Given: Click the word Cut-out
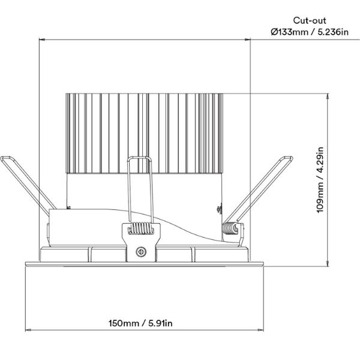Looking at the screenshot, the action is pos(310,20).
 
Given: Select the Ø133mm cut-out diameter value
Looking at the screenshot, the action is pos(289,32).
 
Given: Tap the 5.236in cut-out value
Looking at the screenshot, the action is pos(333,32).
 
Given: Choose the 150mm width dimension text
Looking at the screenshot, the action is pos(124,323).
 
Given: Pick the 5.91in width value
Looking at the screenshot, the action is pos(160,323).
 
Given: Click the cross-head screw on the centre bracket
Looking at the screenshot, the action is pos(141,252).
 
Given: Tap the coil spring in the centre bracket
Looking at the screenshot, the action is pos(141,229).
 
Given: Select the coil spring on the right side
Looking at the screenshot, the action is pos(229,229).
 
